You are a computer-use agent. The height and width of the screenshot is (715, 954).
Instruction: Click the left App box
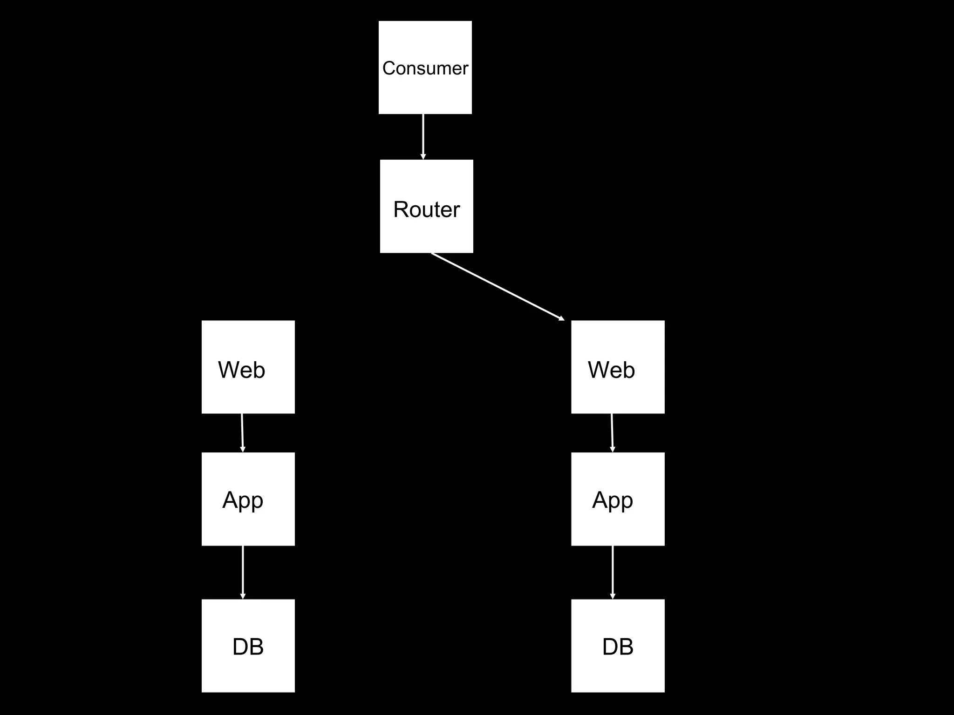pos(248,524)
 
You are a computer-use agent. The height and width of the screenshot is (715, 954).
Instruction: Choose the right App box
pos(618,524)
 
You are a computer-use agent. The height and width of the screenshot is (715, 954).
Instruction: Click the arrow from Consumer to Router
pos(423,135)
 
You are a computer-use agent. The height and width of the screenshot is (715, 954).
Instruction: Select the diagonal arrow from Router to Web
pos(497,287)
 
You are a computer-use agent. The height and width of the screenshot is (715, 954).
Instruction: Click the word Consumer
pos(425,68)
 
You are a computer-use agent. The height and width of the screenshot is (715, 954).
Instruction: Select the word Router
pos(426,209)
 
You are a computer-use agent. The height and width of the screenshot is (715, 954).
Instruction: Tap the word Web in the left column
pos(241,370)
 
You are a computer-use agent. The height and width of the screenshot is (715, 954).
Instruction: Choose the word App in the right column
pos(612,500)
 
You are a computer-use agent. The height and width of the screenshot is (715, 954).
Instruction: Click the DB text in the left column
pos(248,647)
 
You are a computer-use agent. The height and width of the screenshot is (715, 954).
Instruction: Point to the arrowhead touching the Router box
pos(423,156)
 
